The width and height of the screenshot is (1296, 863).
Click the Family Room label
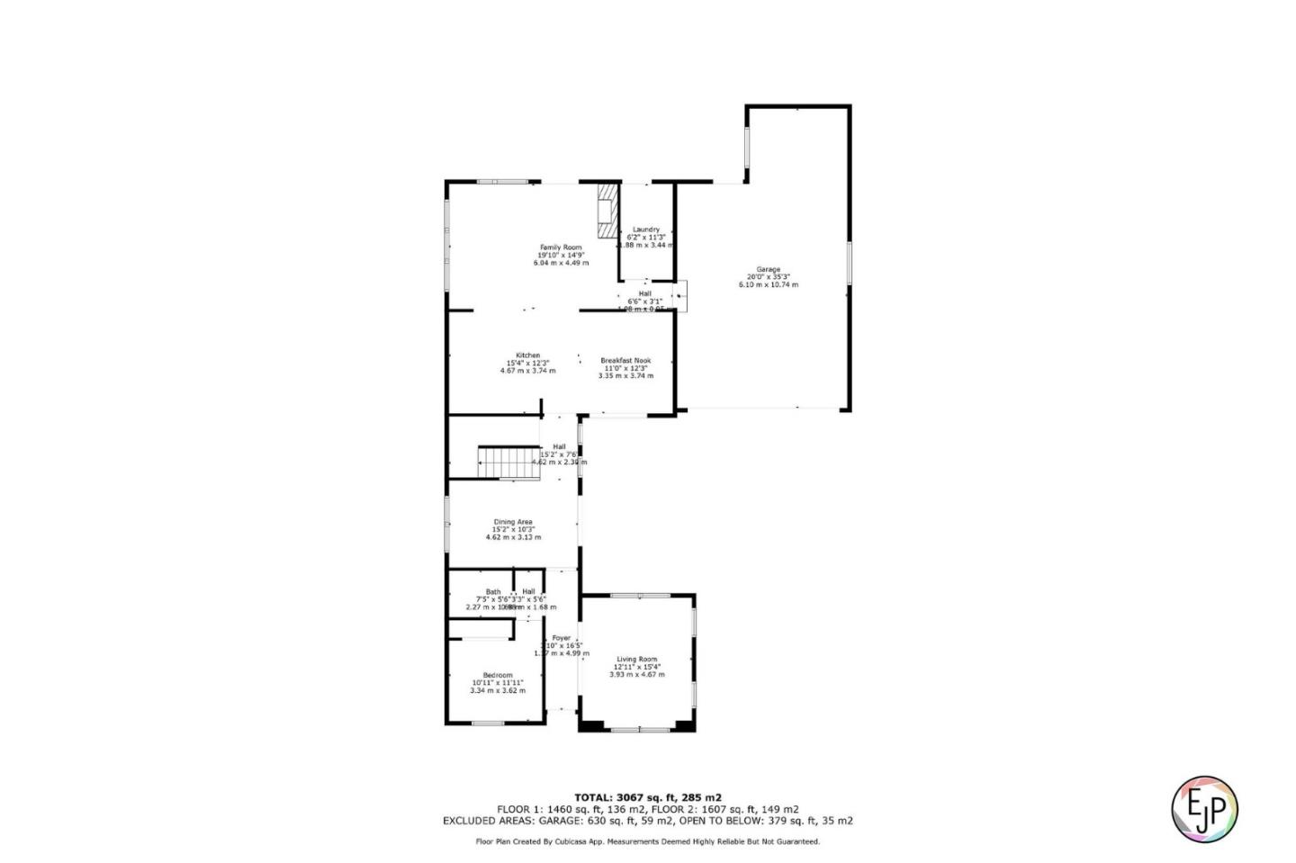[561, 247]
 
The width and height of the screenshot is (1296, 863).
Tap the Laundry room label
[646, 229]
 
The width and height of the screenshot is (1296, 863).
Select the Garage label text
[768, 269]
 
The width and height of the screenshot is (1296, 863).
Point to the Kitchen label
[527, 355]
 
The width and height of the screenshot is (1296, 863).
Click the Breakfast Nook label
[625, 361]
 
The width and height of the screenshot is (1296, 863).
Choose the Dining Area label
[513, 522]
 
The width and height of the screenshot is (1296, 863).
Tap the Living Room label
[637, 660]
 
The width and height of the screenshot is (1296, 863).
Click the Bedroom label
[498, 676]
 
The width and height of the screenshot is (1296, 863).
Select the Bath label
[493, 592]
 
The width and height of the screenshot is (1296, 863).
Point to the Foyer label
[561, 638]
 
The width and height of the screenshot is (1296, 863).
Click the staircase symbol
[508, 462]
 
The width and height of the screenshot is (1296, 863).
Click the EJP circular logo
[1204, 808]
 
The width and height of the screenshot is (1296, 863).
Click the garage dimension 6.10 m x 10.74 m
[768, 285]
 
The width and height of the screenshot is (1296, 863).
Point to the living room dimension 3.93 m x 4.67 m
[637, 674]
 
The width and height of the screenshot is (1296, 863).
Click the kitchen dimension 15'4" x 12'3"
[527, 363]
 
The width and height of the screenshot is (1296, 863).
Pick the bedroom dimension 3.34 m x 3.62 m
[498, 691]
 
